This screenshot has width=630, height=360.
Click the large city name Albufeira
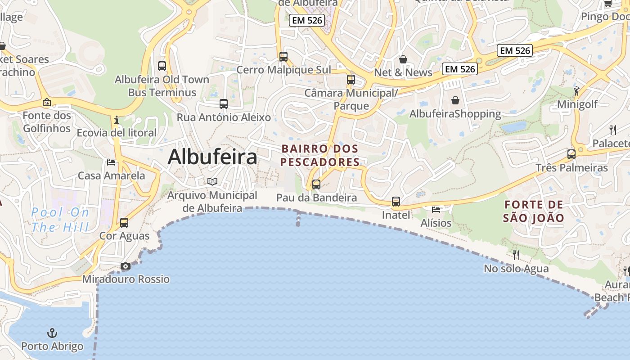coord(212,157)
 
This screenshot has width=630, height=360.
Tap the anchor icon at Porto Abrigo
coord(53,333)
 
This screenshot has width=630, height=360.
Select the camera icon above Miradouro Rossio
coord(126,266)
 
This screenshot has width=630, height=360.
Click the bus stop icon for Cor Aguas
coord(124,223)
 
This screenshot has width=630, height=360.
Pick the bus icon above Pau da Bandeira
coord(316,184)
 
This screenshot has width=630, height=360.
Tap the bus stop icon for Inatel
coord(396,202)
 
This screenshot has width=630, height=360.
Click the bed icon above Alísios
coord(436,209)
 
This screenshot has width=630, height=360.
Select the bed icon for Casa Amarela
coord(111,162)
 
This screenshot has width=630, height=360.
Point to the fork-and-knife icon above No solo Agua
coord(516,255)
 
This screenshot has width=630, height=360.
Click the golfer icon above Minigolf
coord(577,91)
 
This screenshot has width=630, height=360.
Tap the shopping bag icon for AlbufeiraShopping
coord(455,100)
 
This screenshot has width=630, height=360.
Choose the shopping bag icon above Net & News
coord(403,59)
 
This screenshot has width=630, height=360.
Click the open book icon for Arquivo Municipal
coord(212,182)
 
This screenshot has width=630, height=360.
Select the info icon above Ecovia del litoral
coord(117,120)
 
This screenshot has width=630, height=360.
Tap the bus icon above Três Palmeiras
coord(571,154)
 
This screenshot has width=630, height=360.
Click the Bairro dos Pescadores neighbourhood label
coord(320,155)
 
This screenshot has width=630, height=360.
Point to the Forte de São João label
coord(534,211)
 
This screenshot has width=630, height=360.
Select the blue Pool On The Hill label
coord(60,220)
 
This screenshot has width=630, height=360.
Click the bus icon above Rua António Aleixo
coord(224,104)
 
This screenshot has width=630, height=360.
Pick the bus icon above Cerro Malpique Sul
coord(283,57)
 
